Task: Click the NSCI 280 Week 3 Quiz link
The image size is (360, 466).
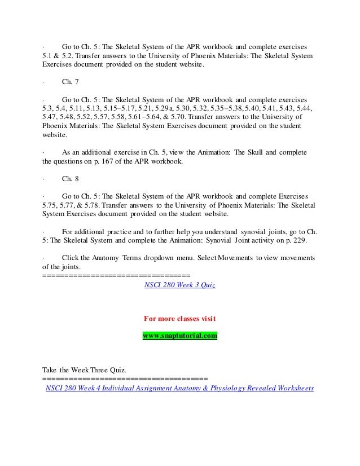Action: tap(179, 285)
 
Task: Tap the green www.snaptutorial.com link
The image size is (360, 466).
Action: tap(179, 336)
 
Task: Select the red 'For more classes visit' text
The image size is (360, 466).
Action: tap(179, 319)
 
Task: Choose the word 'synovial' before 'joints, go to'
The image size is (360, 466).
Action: tap(257, 232)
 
